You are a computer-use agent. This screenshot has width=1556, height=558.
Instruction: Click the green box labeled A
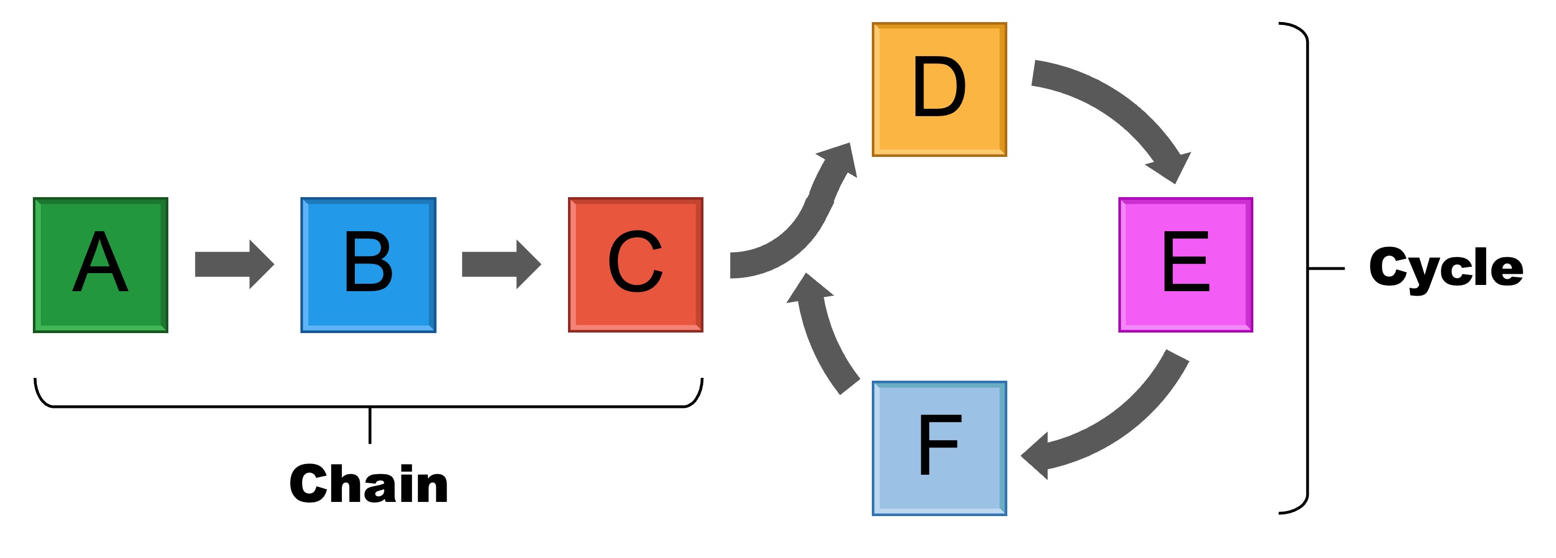[x=100, y=265]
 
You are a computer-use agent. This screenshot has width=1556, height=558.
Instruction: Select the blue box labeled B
[x=368, y=265]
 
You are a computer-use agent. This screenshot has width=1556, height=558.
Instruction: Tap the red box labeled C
[x=635, y=265]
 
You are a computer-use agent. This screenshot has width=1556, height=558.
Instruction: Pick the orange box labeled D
[x=939, y=90]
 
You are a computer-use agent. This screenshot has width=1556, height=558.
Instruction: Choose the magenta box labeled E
[x=1185, y=265]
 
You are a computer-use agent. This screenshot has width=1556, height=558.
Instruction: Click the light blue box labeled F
[x=939, y=448]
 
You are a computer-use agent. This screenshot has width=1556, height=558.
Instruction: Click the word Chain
[x=368, y=484]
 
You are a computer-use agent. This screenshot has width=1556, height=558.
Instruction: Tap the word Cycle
[x=1445, y=267]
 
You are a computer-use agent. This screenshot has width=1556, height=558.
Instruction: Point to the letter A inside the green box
[x=100, y=262]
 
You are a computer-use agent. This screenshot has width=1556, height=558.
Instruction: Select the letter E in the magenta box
[x=1185, y=262]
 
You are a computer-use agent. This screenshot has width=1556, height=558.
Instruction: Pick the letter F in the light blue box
[x=939, y=446]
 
